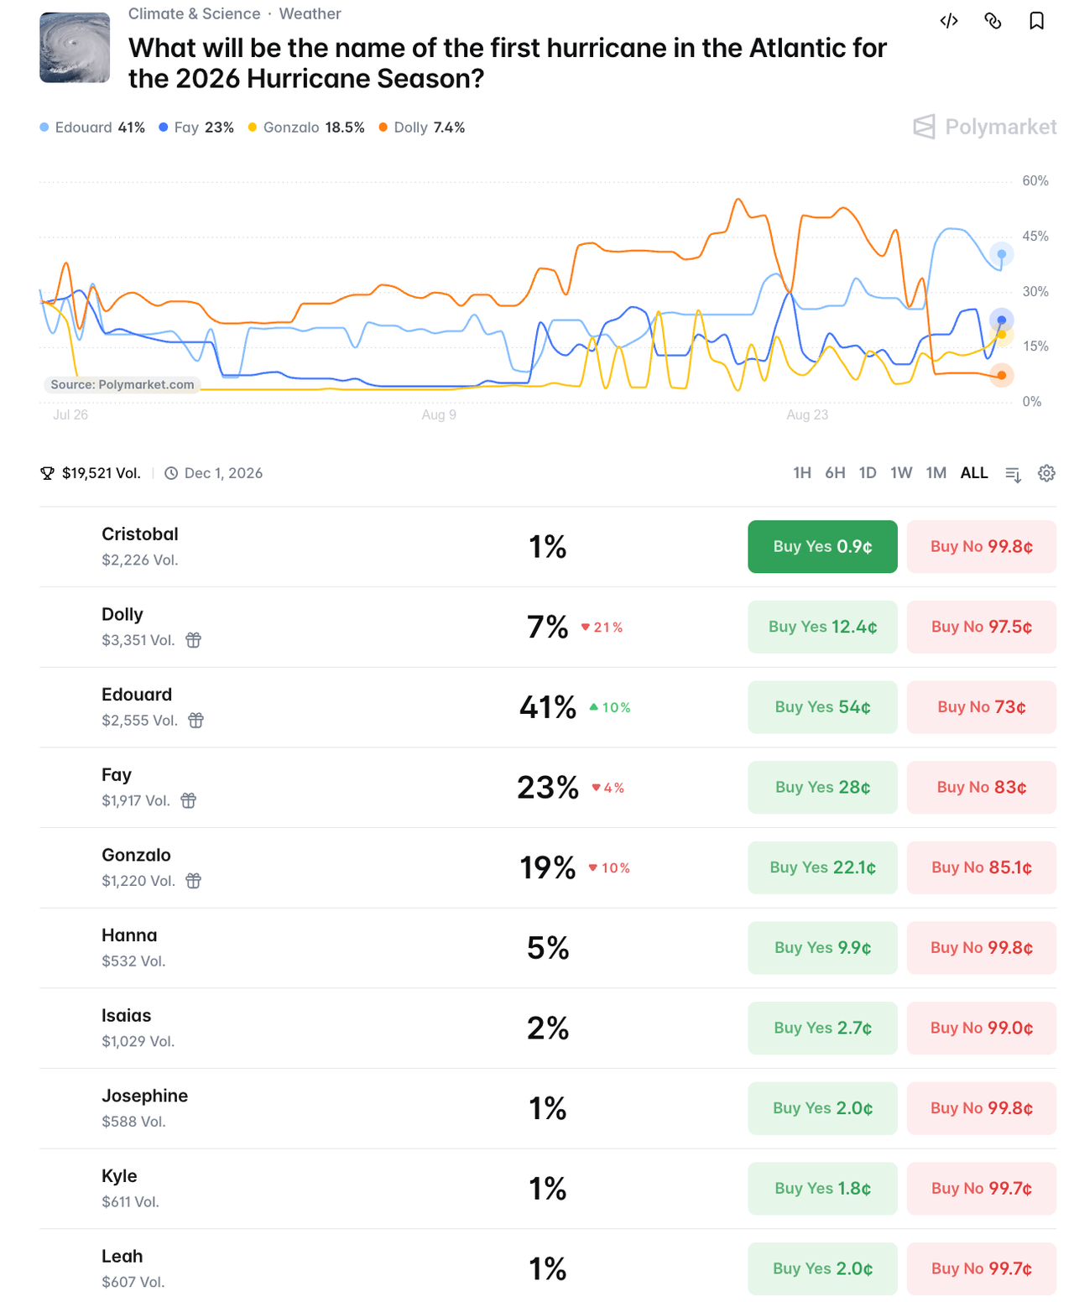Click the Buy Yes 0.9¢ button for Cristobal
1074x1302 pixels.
(x=822, y=546)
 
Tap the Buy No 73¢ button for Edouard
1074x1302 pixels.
(x=981, y=706)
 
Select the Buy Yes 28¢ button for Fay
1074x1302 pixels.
(x=822, y=787)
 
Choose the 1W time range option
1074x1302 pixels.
(x=900, y=472)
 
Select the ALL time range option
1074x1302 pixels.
(x=973, y=472)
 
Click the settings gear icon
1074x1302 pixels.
(x=1046, y=473)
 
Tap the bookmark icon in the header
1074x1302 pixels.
(x=1036, y=21)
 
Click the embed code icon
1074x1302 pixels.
(x=949, y=21)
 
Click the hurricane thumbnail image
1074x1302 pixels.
(x=75, y=47)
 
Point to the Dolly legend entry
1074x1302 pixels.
(x=421, y=128)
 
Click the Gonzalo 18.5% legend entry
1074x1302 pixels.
(x=306, y=128)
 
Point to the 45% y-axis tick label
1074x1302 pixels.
(x=1035, y=237)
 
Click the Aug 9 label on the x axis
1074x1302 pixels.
(x=439, y=414)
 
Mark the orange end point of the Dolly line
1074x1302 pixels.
(x=1001, y=375)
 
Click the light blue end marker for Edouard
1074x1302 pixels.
(x=1001, y=254)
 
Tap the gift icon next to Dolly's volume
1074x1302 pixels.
(x=193, y=640)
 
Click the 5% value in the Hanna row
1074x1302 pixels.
(x=548, y=948)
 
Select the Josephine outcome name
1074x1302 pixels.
(x=144, y=1096)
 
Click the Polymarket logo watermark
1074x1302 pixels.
(x=984, y=127)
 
